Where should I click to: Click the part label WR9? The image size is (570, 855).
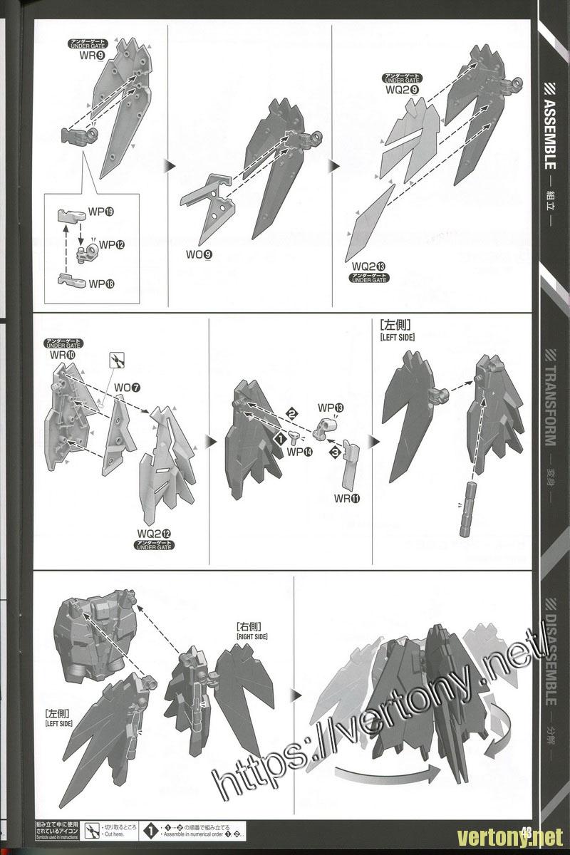[x=90, y=56]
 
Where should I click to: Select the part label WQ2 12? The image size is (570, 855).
[x=156, y=534]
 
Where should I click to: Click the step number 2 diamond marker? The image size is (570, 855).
[x=291, y=413]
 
